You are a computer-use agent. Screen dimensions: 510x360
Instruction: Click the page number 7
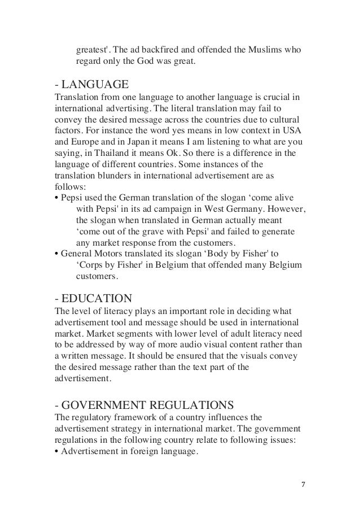[x=304, y=485]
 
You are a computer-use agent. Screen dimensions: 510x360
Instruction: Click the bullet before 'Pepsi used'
[x=57, y=198]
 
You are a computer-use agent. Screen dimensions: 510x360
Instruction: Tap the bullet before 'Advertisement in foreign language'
[x=57, y=451]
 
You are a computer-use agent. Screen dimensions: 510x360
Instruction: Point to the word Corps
[x=93, y=265]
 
